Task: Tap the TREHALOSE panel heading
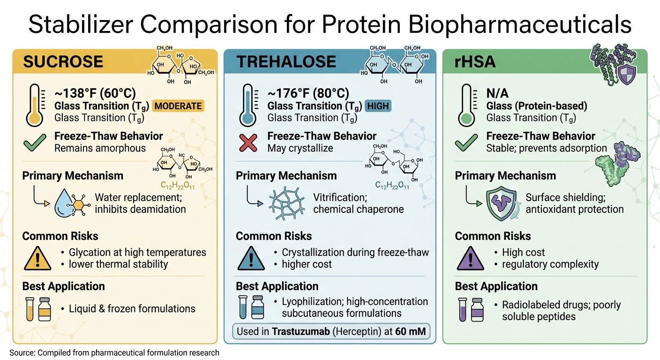pos(286,61)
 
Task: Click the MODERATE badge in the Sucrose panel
pos(178,106)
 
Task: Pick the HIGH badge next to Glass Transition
pos(378,106)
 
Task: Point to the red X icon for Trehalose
pos(248,142)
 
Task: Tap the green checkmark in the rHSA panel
pos(467,142)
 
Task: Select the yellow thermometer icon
pos(31,105)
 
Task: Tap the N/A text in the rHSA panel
pos(497,93)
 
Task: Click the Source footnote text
pos(114,352)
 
